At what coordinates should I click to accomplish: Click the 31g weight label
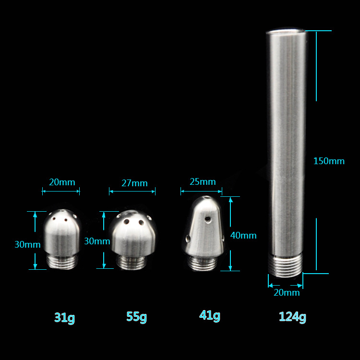[64, 318]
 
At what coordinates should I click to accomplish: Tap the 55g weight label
[137, 317]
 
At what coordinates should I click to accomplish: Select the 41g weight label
[210, 315]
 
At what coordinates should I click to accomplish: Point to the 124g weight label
[292, 317]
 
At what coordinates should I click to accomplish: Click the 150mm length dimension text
[329, 161]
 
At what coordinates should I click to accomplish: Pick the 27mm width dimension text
[134, 183]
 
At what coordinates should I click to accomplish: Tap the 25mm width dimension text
[203, 181]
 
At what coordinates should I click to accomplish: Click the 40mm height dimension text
[243, 235]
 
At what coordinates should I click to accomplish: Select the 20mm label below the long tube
[287, 292]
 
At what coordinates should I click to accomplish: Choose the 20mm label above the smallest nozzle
[62, 182]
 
